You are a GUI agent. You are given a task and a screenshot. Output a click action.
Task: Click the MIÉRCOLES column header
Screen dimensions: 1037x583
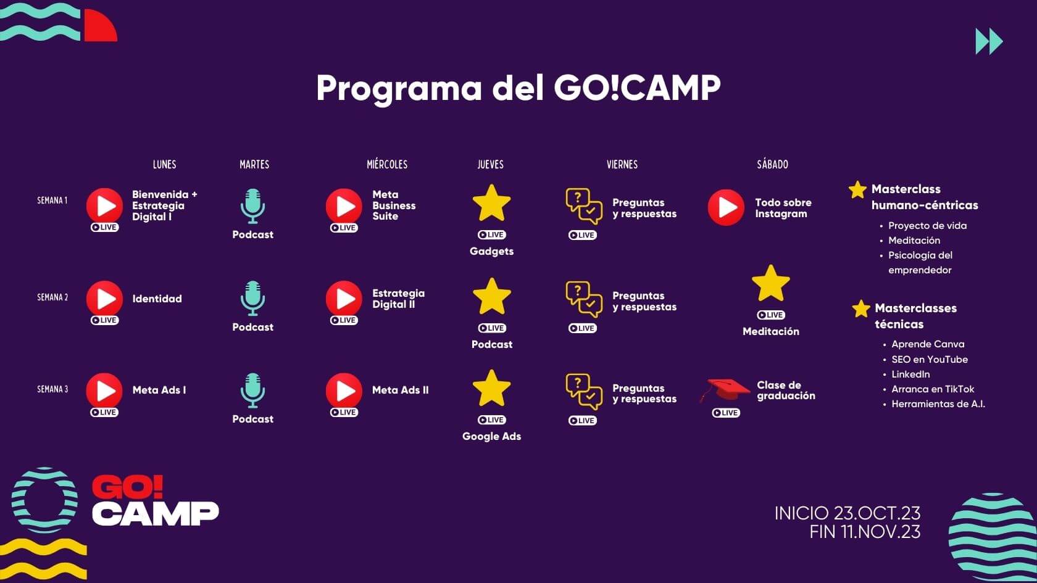[387, 164]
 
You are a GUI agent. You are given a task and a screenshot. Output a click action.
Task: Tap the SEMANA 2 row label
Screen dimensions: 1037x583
[52, 297]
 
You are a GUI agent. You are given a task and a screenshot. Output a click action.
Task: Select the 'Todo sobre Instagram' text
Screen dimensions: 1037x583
[783, 209]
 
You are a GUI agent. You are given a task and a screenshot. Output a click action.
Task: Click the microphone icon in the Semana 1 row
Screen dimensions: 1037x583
[253, 206]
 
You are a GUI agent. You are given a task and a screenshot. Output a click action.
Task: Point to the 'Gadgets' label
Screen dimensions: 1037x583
[491, 251]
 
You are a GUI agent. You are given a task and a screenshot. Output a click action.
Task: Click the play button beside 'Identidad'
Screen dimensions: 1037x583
[105, 299]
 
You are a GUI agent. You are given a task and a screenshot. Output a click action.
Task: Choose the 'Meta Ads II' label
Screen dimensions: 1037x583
[401, 390]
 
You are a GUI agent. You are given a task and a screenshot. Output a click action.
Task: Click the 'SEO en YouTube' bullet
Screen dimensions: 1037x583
[930, 360]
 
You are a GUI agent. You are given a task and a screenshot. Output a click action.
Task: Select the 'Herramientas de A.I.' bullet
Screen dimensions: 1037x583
[938, 404]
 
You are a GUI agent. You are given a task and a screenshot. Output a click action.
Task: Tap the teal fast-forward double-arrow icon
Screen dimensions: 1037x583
[989, 41]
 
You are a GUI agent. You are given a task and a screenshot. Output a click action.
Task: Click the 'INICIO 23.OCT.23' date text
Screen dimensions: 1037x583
[848, 513]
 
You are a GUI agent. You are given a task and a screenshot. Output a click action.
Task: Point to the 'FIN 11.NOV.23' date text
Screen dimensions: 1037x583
[865, 532]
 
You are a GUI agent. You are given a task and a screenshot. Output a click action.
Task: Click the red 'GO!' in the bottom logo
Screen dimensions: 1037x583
[128, 487]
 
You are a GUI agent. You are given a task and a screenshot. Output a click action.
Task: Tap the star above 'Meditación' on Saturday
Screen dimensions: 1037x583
[771, 284]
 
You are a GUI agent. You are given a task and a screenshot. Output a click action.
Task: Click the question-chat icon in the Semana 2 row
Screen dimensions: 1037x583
[584, 299]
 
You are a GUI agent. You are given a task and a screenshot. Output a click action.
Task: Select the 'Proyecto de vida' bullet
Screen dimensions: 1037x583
[927, 226]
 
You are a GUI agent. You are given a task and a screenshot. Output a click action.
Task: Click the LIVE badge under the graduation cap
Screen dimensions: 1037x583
[726, 413]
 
